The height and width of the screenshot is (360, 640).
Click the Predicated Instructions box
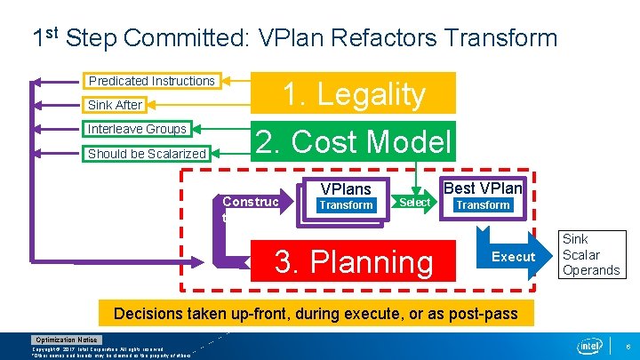tap(151, 81)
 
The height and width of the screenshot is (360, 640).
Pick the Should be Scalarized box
tap(147, 154)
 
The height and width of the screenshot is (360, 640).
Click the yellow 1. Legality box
tap(354, 93)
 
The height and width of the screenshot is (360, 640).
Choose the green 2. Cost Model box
tap(353, 142)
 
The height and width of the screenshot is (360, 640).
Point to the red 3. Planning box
tap(354, 260)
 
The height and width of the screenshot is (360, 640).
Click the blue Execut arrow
tap(511, 257)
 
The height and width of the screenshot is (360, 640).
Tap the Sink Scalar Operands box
tap(591, 254)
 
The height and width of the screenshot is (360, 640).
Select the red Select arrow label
tap(415, 203)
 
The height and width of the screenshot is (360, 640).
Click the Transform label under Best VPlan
tap(483, 204)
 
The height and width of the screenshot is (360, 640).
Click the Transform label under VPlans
tap(346, 205)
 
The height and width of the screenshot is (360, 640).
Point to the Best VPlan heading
tap(483, 188)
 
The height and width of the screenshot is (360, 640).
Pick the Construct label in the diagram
tap(250, 203)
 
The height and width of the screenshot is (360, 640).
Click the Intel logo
tap(589, 345)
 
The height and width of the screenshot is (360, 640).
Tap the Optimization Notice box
tap(68, 340)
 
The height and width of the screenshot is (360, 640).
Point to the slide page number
tap(628, 345)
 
